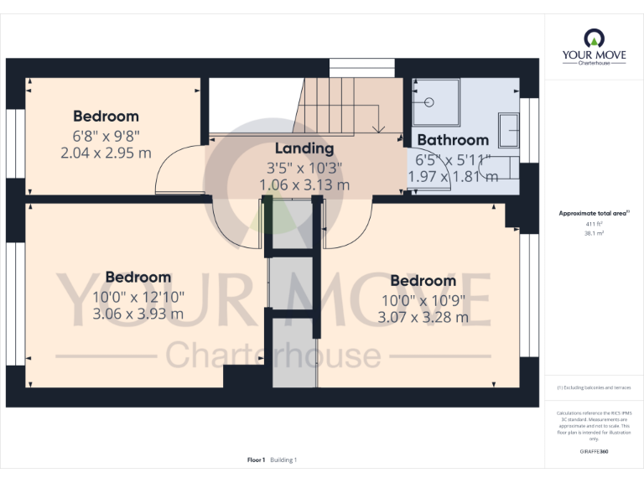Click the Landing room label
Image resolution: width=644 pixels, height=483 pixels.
tap(304, 148)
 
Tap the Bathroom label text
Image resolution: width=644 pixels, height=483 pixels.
tap(452, 140)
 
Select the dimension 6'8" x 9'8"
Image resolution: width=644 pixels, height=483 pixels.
tap(106, 135)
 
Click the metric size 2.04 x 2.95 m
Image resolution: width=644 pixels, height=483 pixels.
tap(106, 153)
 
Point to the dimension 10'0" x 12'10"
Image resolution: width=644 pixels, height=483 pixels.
tap(138, 297)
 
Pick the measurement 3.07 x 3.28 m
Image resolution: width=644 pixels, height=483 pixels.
tap(423, 318)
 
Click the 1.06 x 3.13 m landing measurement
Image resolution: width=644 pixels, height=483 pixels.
tap(304, 185)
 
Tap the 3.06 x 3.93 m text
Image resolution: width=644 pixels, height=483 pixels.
tap(138, 314)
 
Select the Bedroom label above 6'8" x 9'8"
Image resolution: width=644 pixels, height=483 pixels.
tap(106, 117)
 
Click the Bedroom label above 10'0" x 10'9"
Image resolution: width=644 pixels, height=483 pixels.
tap(423, 281)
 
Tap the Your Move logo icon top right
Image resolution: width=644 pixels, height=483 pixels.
tap(594, 39)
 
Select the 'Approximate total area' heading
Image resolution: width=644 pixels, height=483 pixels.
tap(593, 214)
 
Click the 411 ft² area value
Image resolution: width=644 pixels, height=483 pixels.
tap(593, 225)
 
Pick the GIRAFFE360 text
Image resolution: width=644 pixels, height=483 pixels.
tap(593, 451)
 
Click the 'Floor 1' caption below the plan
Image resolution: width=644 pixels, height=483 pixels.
tap(256, 460)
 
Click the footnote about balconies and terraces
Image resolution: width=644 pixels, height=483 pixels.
tap(593, 387)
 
